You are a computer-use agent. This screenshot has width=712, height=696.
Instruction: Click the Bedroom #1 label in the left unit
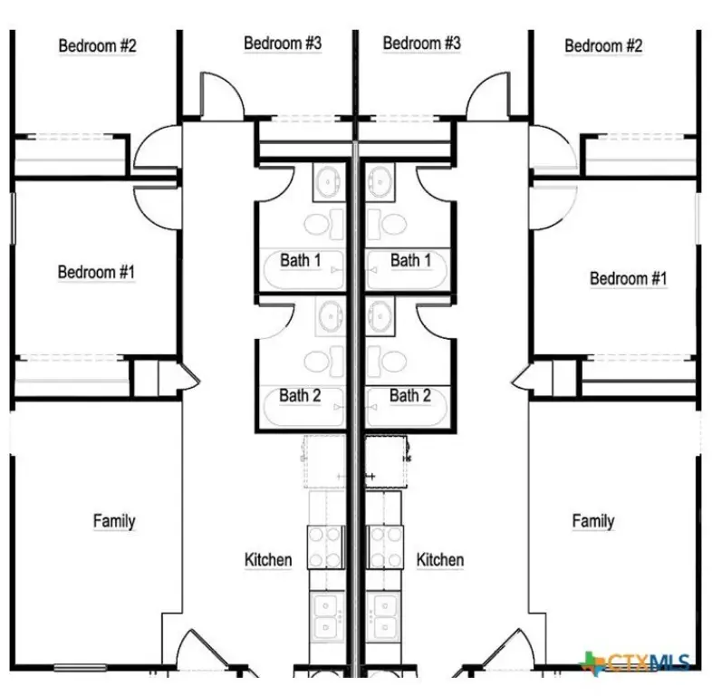click(96, 272)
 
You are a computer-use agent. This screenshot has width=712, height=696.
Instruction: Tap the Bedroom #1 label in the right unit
click(629, 278)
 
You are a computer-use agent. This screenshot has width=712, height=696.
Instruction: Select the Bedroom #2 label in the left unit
click(97, 45)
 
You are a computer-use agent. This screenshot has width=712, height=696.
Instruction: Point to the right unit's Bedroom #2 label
click(603, 45)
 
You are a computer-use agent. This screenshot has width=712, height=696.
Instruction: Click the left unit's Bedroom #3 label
click(283, 43)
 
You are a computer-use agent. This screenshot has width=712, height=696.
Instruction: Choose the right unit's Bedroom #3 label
click(422, 43)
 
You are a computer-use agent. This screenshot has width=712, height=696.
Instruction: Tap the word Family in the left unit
click(114, 521)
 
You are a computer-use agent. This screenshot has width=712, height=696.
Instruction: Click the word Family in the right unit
click(593, 521)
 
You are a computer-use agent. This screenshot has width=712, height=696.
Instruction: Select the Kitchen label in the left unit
click(268, 560)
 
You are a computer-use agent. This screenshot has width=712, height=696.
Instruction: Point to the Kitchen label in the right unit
click(440, 560)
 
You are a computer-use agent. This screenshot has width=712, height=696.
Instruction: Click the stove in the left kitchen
click(325, 547)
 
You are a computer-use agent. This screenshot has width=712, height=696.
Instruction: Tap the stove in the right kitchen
click(385, 547)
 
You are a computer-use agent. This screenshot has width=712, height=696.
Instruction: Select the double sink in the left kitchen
click(327, 616)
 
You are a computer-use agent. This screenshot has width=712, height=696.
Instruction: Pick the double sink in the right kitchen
click(384, 616)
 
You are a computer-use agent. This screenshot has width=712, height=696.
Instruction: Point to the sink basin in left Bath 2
click(331, 316)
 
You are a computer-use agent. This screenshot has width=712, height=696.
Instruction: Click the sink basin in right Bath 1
click(380, 181)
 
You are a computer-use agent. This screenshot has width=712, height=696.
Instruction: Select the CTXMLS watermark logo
click(636, 662)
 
